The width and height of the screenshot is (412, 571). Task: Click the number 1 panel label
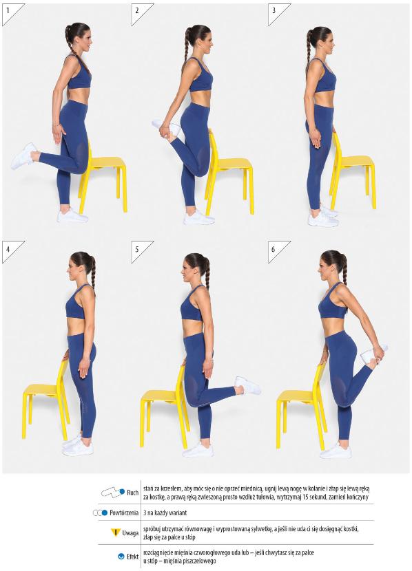(8, 10)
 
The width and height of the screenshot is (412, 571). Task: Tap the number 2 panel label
(137, 10)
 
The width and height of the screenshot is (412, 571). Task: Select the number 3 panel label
(274, 10)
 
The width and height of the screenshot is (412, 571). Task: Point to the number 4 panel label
(8, 250)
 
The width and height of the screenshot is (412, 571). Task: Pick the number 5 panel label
(137, 250)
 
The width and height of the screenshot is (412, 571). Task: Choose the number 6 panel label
(274, 250)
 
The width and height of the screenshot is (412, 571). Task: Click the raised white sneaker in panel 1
(23, 156)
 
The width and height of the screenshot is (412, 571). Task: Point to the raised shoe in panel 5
(247, 385)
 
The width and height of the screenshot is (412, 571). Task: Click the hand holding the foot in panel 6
(379, 353)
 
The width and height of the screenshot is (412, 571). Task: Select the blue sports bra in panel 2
(201, 78)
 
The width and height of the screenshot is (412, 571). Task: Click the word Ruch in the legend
(133, 493)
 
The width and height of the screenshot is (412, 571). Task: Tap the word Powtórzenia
(124, 513)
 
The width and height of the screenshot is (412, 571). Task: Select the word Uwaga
(130, 533)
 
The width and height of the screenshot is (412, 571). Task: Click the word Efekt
(133, 557)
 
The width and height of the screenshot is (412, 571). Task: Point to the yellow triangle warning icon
(115, 532)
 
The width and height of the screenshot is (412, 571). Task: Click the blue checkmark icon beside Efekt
(121, 557)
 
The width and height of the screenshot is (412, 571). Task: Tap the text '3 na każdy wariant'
(165, 513)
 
